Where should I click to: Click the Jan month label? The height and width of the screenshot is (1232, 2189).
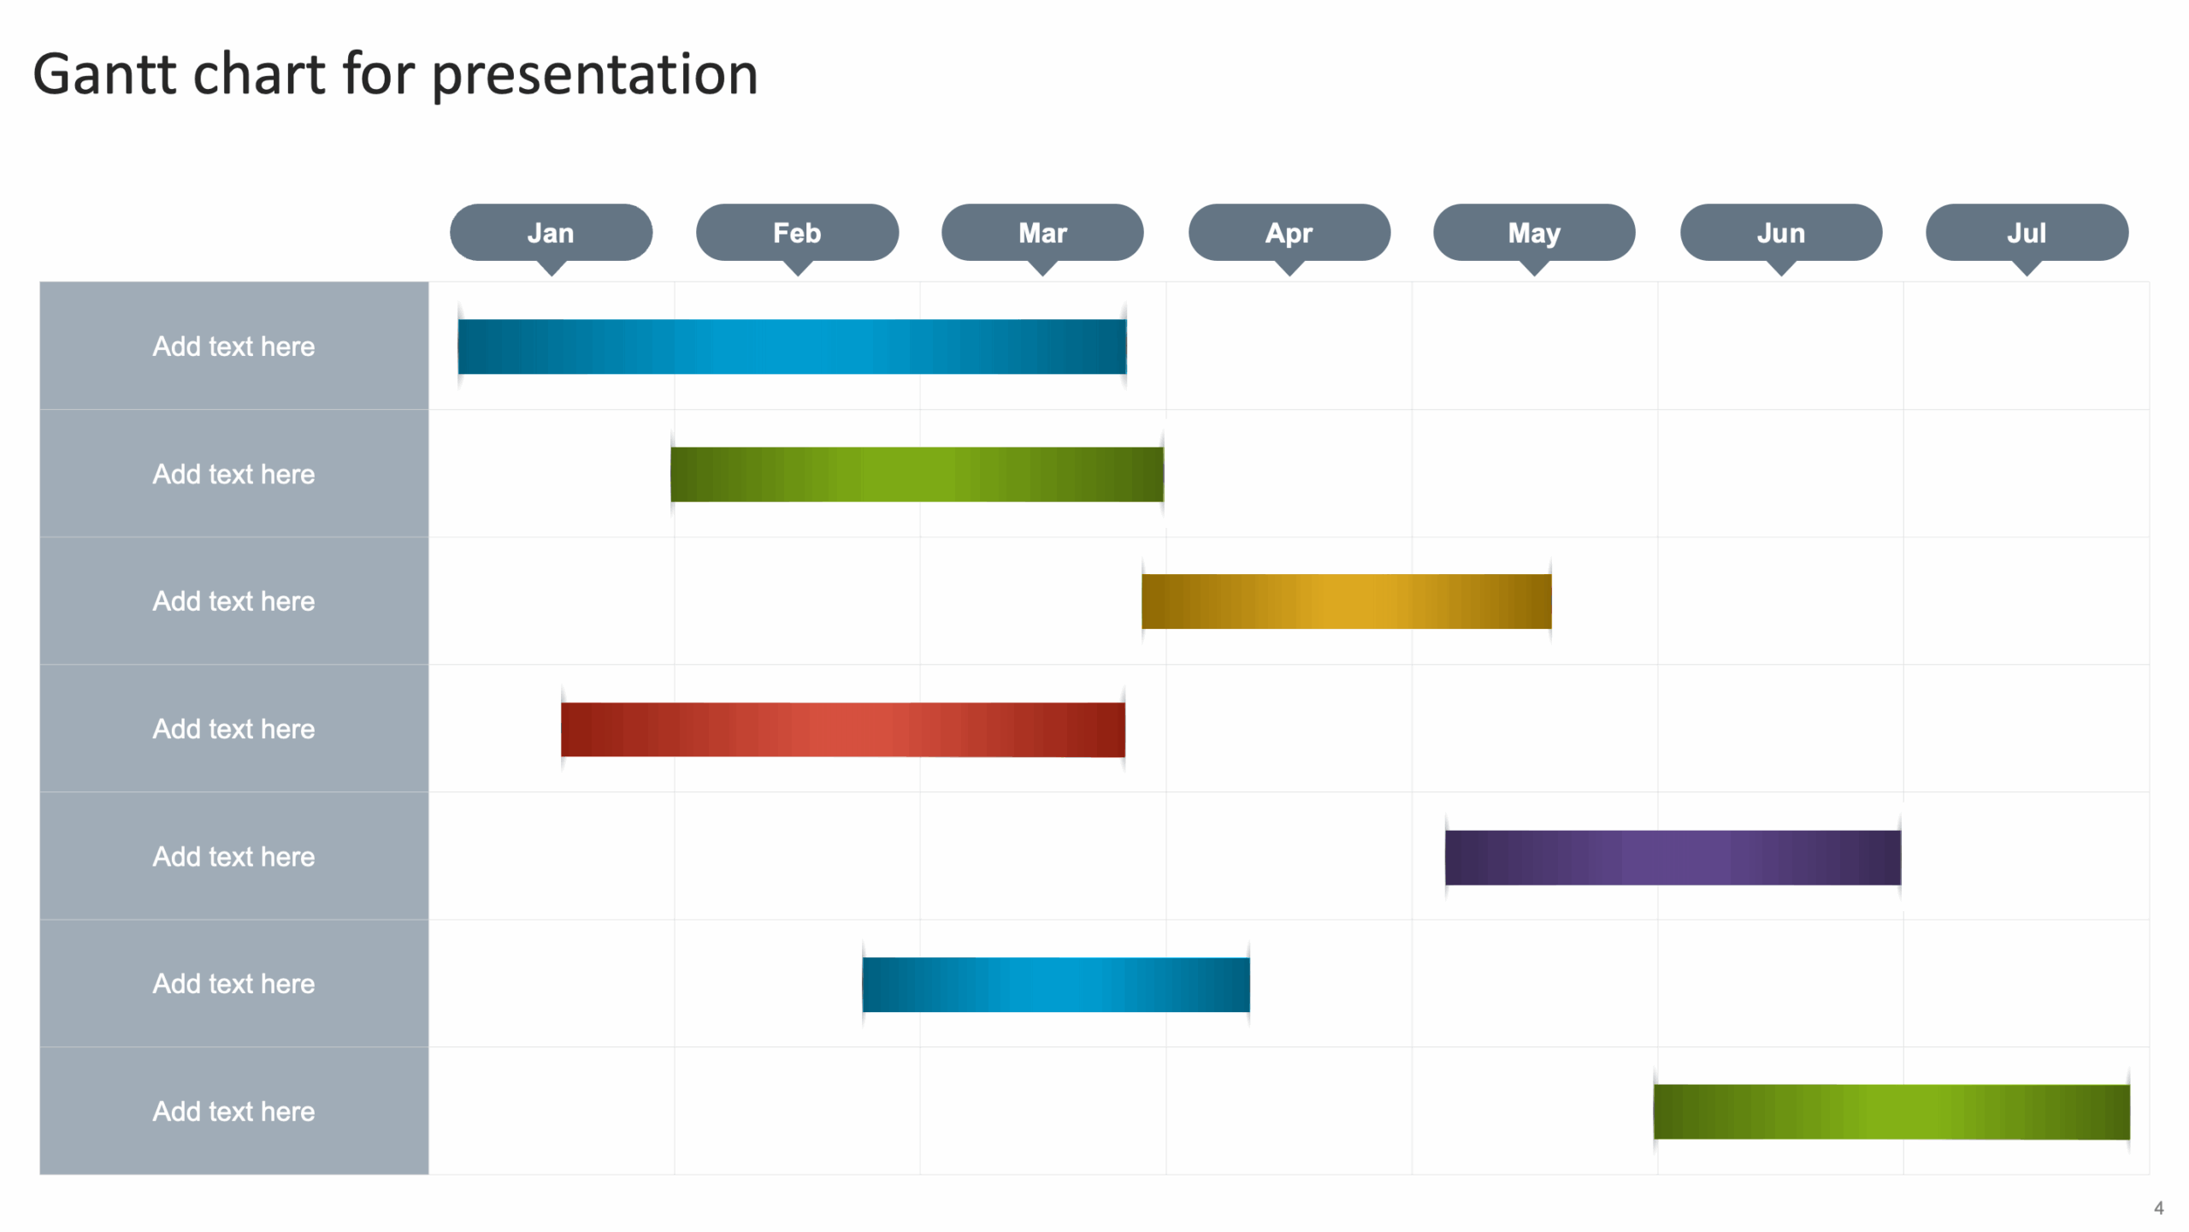[x=551, y=233]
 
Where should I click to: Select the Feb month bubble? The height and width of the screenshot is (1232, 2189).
[x=797, y=233]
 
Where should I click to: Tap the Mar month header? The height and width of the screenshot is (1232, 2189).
[x=1042, y=233]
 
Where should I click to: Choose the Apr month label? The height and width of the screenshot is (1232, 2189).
[x=1289, y=233]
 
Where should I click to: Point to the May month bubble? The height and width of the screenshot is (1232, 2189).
[x=1534, y=233]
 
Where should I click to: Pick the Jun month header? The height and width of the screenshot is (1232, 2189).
[x=1780, y=233]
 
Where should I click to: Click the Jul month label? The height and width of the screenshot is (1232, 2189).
[x=2027, y=233]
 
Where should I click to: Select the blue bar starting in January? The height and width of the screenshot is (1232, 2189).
[x=792, y=346]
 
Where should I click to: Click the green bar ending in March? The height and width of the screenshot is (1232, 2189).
[x=917, y=474]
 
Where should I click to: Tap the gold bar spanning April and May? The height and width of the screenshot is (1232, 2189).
[x=1346, y=601]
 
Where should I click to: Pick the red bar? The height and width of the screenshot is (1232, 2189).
[x=842, y=729]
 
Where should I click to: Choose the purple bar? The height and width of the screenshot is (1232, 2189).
[x=1673, y=856]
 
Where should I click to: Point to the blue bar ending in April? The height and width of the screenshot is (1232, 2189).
[x=1055, y=984]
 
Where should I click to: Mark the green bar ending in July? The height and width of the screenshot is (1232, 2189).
[x=1891, y=1111]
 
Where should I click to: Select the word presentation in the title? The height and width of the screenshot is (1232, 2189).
[x=594, y=74]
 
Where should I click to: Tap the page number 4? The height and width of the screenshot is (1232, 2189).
[x=2158, y=1208]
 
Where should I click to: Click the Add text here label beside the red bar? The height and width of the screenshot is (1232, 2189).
[x=233, y=729]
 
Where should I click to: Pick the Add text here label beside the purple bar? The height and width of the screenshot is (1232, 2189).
[x=233, y=856]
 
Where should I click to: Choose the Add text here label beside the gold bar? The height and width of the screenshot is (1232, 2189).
[x=233, y=601]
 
